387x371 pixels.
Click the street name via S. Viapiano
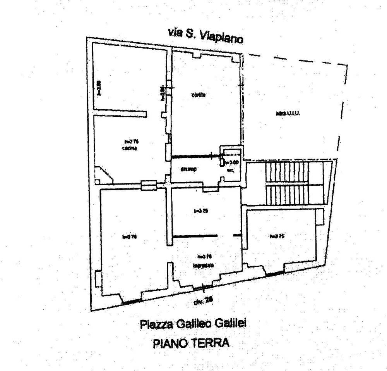coord(205,35)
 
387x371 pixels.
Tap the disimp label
coord(189,169)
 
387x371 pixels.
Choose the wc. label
coord(230,170)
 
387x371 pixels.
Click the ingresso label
coord(203,265)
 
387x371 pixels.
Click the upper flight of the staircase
coord(287,172)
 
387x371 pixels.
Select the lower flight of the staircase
coord(287,193)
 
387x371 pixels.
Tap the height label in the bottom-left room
coord(130,237)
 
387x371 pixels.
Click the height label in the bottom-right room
coord(277,236)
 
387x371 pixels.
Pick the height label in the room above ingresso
coord(201,211)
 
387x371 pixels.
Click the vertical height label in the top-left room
coord(99,88)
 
